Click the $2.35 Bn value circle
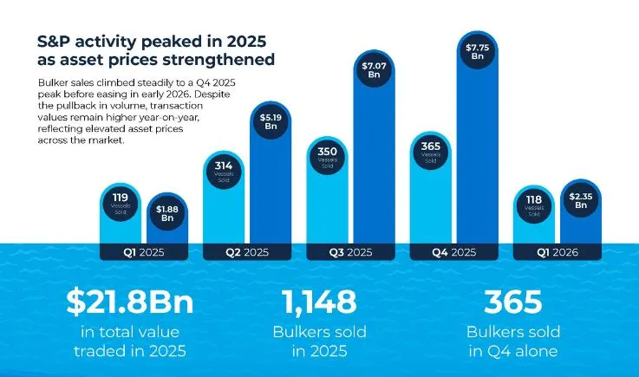tap(581, 201)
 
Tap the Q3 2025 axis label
tap(350, 253)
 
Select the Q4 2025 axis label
tap(453, 253)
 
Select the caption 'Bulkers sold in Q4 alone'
tap(513, 341)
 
